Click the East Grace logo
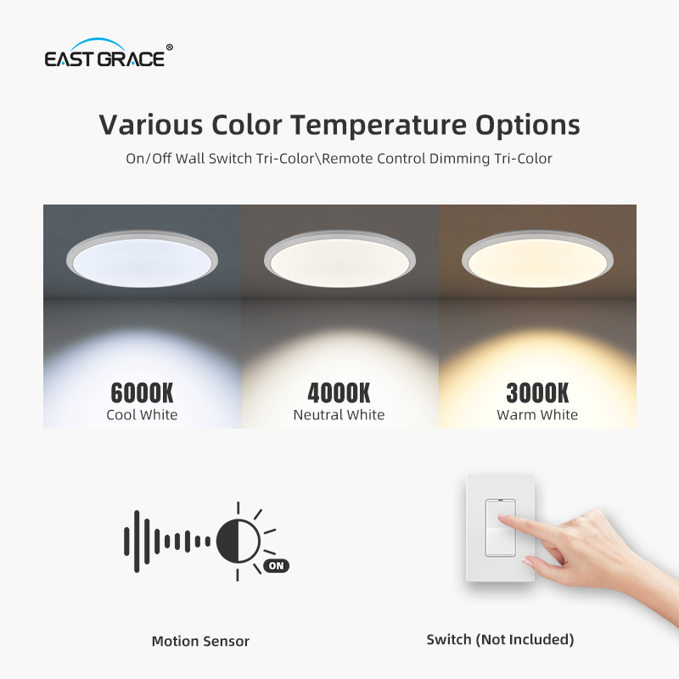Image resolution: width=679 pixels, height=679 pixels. click(x=107, y=55)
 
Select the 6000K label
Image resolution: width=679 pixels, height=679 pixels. click(x=142, y=393)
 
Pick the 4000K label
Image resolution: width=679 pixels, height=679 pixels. click(x=339, y=393)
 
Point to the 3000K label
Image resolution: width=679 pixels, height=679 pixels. click(x=537, y=393)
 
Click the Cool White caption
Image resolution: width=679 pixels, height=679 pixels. click(x=142, y=415)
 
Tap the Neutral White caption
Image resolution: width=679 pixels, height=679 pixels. click(x=339, y=415)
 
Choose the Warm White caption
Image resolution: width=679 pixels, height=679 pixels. click(x=537, y=415)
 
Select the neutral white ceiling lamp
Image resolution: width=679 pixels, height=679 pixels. click(x=339, y=257)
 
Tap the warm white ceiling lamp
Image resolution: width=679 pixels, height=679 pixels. click(x=537, y=257)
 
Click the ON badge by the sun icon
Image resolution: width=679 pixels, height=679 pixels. click(x=276, y=565)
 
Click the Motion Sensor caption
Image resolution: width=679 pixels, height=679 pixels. click(x=200, y=641)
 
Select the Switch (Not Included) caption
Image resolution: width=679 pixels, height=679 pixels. click(x=500, y=639)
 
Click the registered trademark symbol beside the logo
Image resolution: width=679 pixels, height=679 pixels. click(x=170, y=48)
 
